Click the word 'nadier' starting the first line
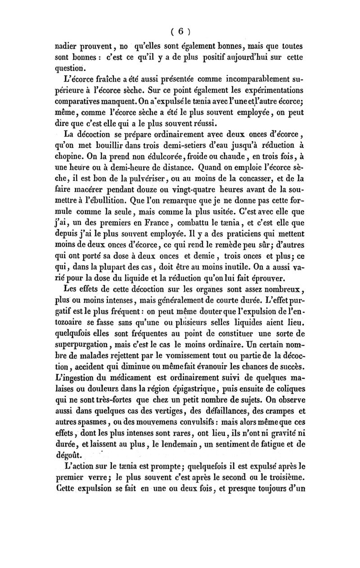[x=66, y=45]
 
